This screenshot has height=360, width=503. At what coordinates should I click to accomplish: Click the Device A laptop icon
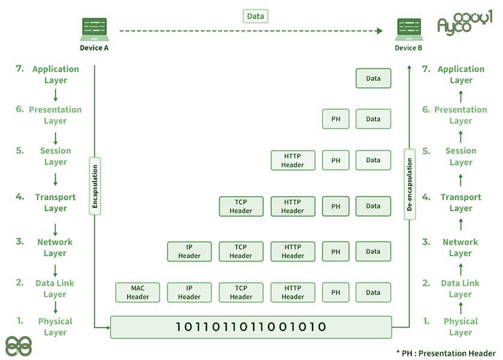point(94,29)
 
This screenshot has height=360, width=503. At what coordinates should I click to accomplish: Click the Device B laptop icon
point(409,29)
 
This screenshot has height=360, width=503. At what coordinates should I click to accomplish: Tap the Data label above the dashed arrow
point(255,16)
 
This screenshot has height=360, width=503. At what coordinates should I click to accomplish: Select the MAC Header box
point(138,292)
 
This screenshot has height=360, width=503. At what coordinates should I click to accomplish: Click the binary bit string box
point(251,327)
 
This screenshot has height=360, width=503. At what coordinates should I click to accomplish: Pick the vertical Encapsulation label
point(95,186)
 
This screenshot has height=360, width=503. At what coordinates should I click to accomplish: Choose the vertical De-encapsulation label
point(409,184)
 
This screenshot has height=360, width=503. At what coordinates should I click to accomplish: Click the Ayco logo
point(465,22)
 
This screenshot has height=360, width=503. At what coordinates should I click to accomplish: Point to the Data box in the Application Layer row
point(374,79)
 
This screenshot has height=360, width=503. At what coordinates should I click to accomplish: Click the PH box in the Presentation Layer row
point(336,119)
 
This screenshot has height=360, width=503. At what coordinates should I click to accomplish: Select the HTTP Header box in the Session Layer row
point(293,160)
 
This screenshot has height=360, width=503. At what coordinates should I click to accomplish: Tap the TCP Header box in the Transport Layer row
point(241,206)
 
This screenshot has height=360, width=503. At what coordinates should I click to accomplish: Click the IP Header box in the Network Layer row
point(189,251)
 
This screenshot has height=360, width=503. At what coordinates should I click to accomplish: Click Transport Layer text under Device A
point(56,202)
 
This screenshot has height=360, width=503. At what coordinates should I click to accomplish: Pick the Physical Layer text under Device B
point(460,326)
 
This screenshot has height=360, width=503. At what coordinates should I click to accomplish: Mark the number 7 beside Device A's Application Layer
point(20,68)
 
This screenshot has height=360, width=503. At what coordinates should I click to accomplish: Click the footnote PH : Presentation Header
point(446,353)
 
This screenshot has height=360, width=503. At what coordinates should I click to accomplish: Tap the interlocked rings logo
point(19,346)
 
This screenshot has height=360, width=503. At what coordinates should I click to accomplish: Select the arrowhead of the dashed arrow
point(380,31)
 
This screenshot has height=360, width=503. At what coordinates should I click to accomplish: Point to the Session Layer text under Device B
point(461,157)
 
